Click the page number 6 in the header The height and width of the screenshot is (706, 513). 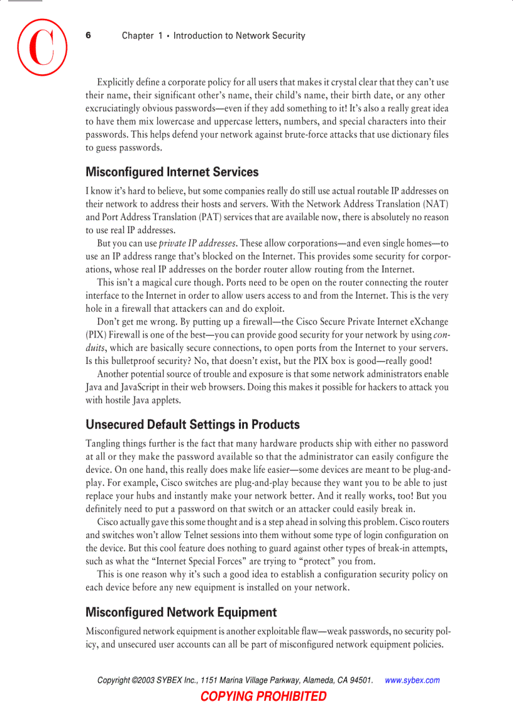[89, 35]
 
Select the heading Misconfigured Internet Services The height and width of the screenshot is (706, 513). [172, 172]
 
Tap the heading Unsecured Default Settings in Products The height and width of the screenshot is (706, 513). [192, 424]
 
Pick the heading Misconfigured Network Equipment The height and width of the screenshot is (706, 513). [180, 612]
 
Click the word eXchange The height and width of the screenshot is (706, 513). [427, 322]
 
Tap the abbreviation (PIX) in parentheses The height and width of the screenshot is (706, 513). [96, 335]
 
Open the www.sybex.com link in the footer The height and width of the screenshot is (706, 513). [412, 680]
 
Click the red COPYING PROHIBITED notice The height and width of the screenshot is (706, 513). [263, 696]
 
